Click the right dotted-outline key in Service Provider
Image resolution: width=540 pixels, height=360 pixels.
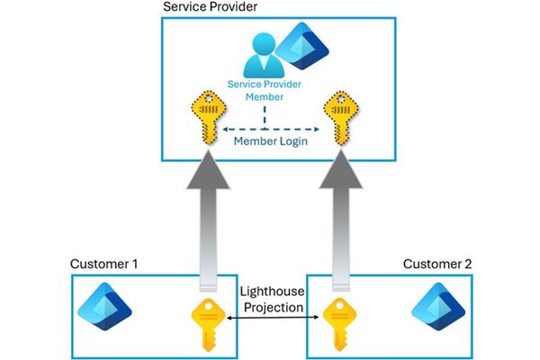click(341, 117)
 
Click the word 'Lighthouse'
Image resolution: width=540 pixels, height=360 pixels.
click(274, 292)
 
